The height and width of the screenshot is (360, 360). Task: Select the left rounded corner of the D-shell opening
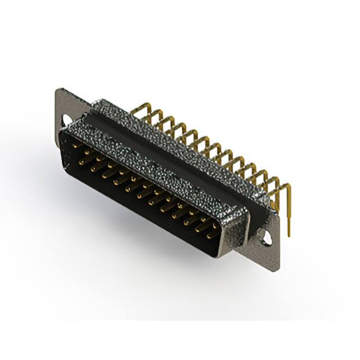click(x=63, y=138)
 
